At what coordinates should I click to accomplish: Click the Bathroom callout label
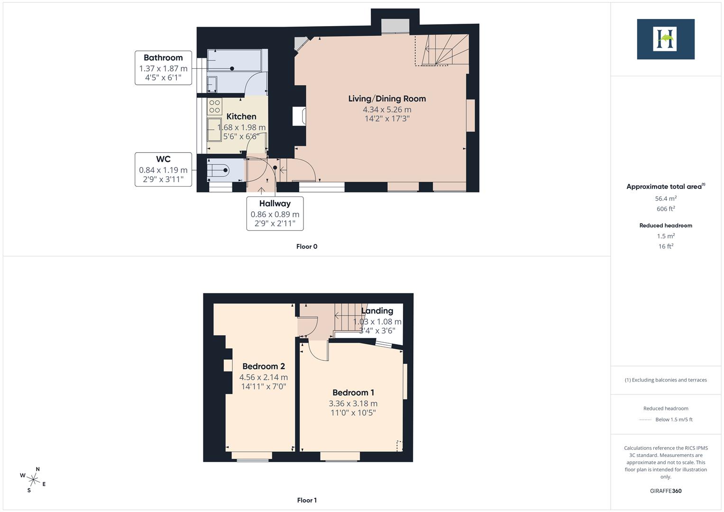tap(163, 58)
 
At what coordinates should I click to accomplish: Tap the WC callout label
tap(163, 159)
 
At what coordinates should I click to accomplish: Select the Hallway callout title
tap(275, 203)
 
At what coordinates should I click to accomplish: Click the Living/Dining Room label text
tap(387, 99)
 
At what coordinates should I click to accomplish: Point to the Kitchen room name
tap(241, 116)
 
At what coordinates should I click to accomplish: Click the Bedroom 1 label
tap(353, 393)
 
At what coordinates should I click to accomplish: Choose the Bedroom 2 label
tap(264, 366)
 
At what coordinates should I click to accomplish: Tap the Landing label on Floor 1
tap(377, 311)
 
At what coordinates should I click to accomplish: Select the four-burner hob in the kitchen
tap(214, 106)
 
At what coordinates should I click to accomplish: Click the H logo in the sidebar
tap(665, 39)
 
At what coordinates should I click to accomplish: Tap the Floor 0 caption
tap(307, 247)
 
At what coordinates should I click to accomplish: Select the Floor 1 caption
tap(307, 500)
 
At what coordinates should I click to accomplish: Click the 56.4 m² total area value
tap(666, 199)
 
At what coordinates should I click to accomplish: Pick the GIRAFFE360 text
tap(666, 491)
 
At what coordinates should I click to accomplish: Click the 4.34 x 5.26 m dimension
tap(387, 110)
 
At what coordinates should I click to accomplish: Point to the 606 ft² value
tap(666, 209)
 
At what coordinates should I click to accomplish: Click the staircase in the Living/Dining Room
tap(443, 50)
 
